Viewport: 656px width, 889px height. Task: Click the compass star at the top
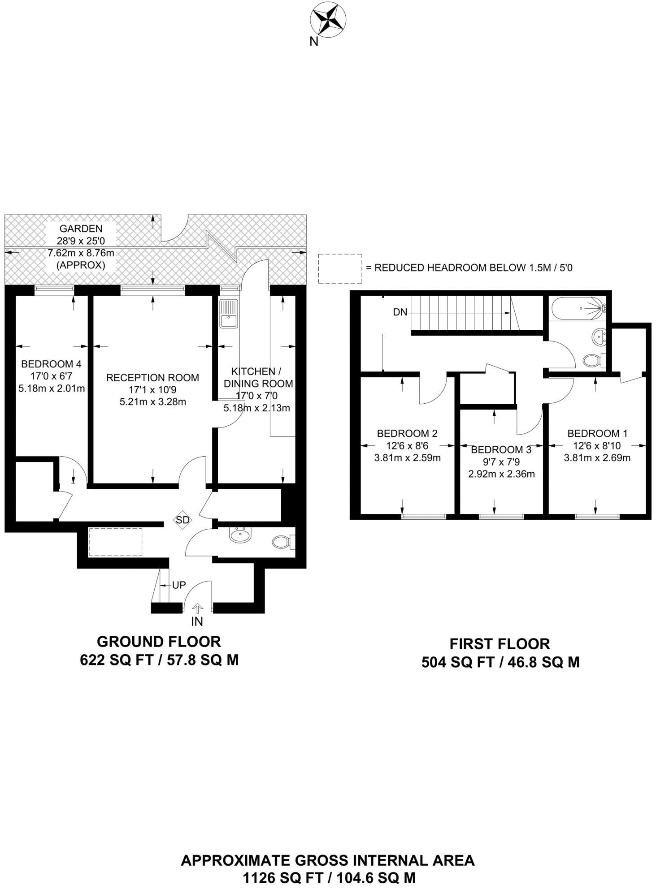pos(328,18)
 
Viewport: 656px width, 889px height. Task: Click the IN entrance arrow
pos(197,608)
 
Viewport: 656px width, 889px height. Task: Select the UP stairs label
pos(179,585)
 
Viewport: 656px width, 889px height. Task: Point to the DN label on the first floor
pos(400,312)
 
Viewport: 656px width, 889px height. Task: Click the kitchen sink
pos(229,314)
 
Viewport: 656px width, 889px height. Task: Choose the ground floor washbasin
pos(241,535)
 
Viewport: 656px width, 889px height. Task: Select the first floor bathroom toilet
pos(595,360)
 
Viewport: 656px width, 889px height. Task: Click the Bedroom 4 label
pos(51,364)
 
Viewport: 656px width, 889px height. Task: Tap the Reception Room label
pos(152,378)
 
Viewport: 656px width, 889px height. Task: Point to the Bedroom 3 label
pos(501,449)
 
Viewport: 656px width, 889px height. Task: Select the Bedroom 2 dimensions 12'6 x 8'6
pos(407,446)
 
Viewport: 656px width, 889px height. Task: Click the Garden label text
pos(81,229)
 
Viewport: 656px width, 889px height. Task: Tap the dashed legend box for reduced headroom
pos(340,268)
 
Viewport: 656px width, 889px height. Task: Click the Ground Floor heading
pos(159,642)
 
